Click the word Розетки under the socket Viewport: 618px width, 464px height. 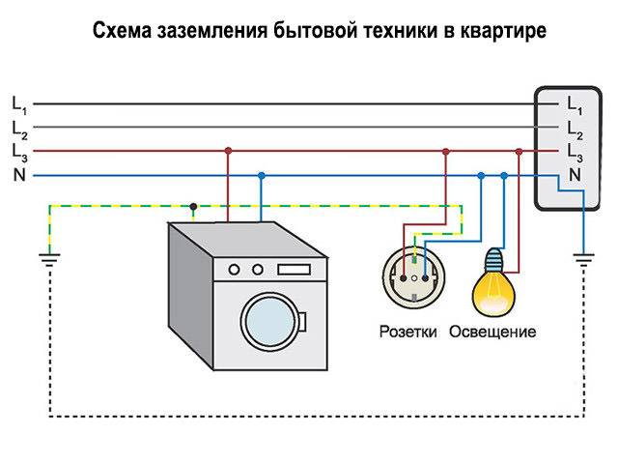[408, 332]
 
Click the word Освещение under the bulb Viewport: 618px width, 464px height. [492, 332]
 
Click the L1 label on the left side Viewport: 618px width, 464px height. [19, 102]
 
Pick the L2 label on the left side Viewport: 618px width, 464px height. [19, 127]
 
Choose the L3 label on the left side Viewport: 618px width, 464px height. [19, 151]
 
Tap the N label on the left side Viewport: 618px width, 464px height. [18, 175]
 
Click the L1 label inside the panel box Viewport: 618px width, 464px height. [575, 103]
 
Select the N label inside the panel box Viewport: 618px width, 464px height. [575, 175]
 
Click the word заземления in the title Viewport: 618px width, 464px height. [198, 32]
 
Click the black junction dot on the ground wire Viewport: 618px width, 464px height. [194, 205]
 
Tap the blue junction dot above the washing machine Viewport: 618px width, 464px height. [262, 175]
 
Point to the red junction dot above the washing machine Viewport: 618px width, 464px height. [228, 151]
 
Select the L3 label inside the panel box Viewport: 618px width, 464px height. [575, 152]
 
